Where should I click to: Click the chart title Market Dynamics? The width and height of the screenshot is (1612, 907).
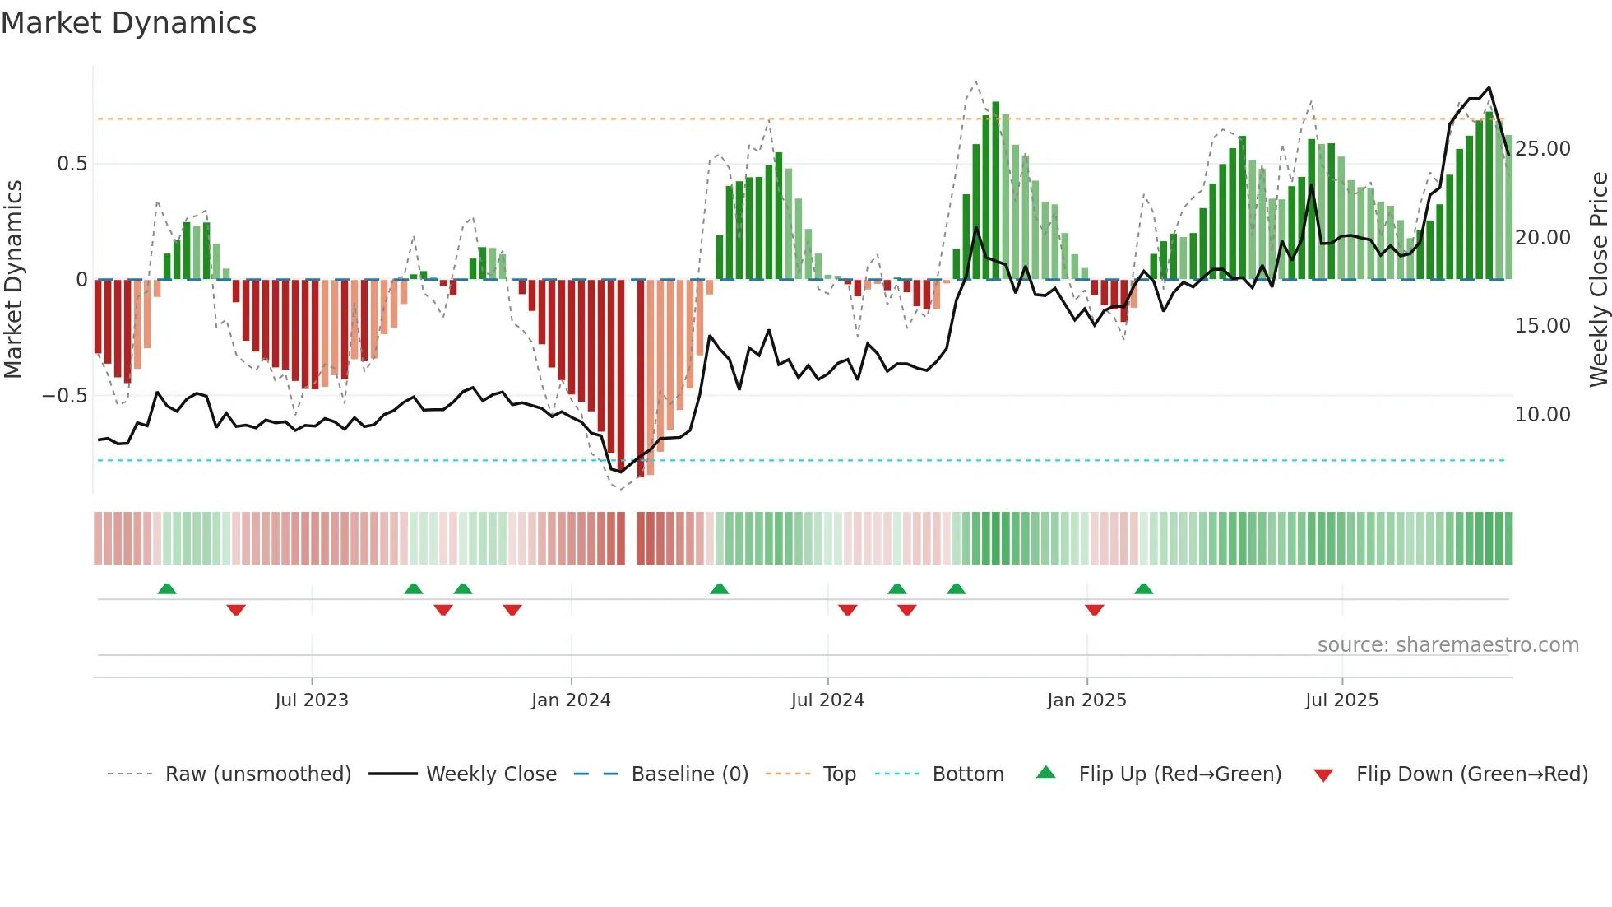coord(129,23)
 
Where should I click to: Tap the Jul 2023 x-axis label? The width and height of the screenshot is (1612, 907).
coord(312,700)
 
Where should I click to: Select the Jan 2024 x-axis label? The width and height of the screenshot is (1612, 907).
coord(571,700)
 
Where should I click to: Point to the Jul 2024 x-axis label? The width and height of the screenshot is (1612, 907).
coord(827,700)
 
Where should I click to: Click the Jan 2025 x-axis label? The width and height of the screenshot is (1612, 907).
coord(1086,700)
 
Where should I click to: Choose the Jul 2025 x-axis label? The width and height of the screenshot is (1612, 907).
coord(1341,700)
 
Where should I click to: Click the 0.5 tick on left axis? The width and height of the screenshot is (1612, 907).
coord(72,164)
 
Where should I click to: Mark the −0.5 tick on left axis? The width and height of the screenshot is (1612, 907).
coord(65,396)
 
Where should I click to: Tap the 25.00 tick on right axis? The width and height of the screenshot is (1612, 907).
coord(1543,149)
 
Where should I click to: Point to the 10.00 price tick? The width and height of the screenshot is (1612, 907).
coord(1543,415)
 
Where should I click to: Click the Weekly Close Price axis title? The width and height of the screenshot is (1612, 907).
coord(1598,280)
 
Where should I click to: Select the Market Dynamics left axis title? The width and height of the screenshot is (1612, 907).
coord(14,280)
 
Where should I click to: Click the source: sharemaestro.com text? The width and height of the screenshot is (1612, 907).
coord(1448,645)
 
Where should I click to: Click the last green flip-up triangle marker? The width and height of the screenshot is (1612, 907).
coord(1143,588)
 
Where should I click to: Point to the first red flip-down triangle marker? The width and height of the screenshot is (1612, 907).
coord(236,610)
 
